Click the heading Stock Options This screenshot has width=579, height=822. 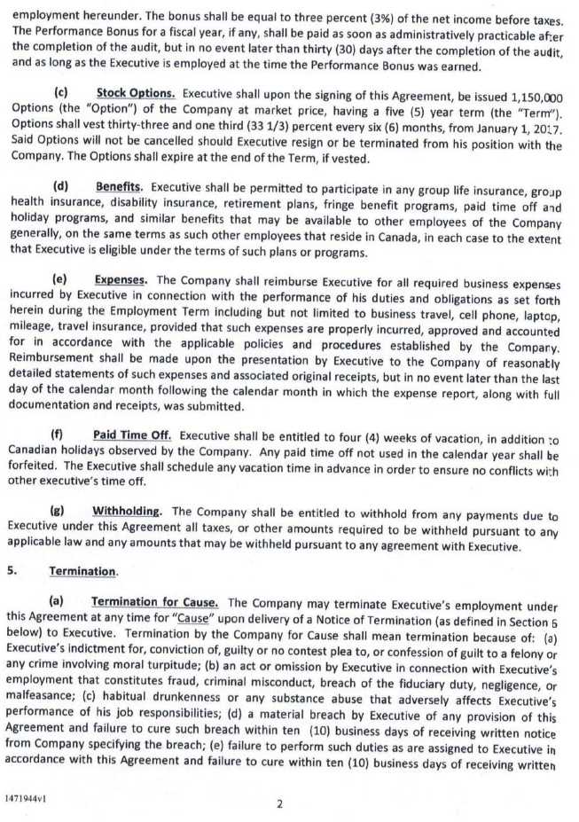point(136,92)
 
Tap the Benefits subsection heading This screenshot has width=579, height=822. point(119,187)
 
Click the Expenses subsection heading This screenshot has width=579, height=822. point(120,280)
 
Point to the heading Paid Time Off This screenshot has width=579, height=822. point(132,435)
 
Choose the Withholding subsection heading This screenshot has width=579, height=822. point(127,512)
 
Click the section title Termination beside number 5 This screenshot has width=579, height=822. point(82,572)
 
